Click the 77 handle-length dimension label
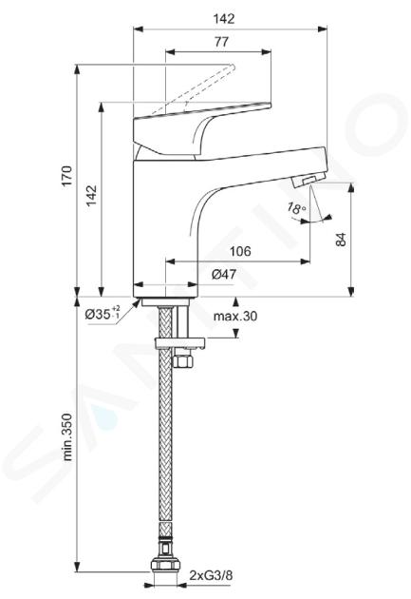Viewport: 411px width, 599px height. (221, 41)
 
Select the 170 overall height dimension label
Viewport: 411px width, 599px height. (67, 176)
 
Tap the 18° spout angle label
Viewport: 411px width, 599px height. (296, 208)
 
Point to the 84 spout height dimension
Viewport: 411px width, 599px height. (342, 240)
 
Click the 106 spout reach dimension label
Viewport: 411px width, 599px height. (240, 251)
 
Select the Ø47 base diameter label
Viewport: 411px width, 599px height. (224, 274)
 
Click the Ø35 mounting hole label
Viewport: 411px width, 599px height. (103, 314)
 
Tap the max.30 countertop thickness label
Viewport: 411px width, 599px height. (235, 317)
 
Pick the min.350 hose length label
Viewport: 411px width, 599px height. (67, 436)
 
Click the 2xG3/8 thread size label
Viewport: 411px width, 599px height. (211, 575)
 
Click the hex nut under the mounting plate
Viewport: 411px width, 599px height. (183, 361)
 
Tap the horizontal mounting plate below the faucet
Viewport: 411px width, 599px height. (179, 342)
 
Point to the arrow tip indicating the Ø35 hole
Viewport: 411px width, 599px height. (140, 300)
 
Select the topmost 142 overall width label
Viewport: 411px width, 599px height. (224, 19)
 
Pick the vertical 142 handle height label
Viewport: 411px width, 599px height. (91, 196)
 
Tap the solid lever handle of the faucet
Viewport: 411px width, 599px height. (191, 126)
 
